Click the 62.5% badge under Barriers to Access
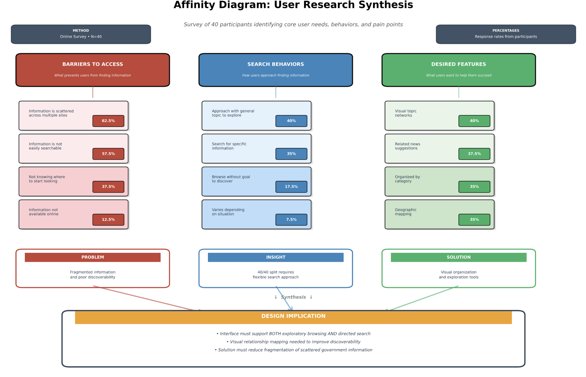108,121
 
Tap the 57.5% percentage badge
108,154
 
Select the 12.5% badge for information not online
108,220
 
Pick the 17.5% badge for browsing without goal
291,187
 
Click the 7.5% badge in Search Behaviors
291,220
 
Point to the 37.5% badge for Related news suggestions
474,154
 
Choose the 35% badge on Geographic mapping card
474,220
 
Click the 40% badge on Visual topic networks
474,121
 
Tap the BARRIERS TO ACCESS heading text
93,64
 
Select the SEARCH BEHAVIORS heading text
276,64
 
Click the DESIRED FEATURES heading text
458,64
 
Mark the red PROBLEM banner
93,258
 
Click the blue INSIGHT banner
276,258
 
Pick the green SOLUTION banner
458,258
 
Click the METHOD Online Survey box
81,34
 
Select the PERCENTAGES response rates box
506,34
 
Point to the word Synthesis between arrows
293,297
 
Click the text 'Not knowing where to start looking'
47,179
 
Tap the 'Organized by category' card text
407,179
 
